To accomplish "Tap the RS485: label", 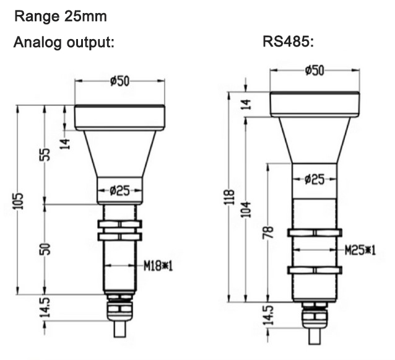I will click(287, 45).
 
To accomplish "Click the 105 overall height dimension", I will click(19, 200).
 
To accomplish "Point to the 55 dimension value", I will click(45, 154).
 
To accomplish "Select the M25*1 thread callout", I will click(358, 249).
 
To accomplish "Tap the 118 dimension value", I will click(230, 197).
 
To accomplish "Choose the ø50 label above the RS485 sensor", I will click(315, 70).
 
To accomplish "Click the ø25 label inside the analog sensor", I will click(119, 190).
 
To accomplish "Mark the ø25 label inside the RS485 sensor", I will click(315, 179).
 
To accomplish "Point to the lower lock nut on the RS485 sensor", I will click(314, 271).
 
